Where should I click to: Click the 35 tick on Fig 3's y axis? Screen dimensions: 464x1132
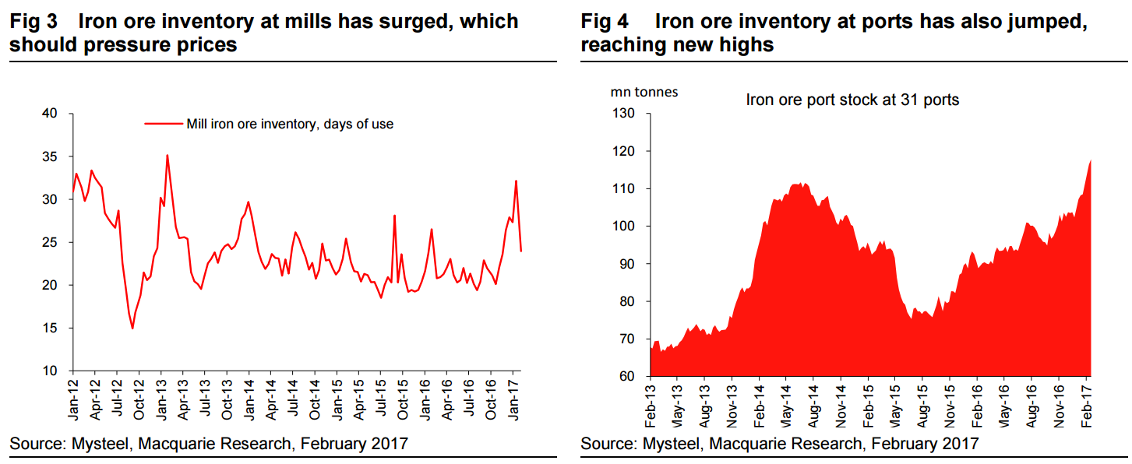[x=50, y=157]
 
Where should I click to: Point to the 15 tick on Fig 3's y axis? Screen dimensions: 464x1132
[x=50, y=329]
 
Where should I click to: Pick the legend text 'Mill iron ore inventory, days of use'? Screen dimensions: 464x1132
[x=289, y=124]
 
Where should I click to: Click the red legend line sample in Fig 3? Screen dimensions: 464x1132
[x=163, y=124]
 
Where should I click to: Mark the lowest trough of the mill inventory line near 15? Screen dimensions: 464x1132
[x=132, y=328]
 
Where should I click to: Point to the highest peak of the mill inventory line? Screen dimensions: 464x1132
[x=168, y=156]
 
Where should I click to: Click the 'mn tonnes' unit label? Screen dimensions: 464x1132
[x=644, y=92]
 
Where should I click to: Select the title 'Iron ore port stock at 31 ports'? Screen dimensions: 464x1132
[x=852, y=100]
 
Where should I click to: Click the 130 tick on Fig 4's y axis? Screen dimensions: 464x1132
[x=626, y=114]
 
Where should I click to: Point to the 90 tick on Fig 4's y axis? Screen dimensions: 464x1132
[x=629, y=264]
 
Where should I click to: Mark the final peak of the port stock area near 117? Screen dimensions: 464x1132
[x=1090, y=160]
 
